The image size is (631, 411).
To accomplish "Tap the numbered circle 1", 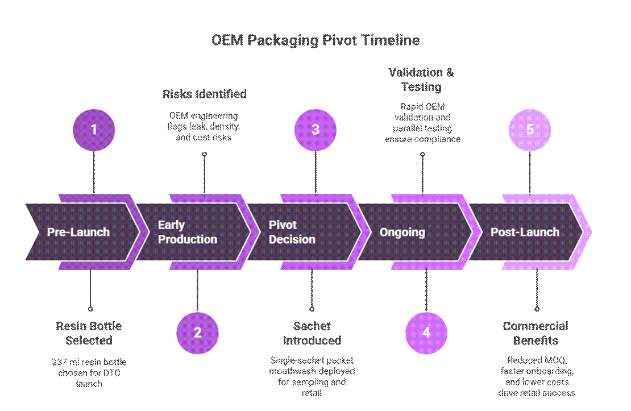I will coord(94,130).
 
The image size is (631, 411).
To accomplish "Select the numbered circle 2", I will coord(197,333).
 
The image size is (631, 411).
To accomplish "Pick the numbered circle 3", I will coord(315,130).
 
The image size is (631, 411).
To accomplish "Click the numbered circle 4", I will coord(426,333).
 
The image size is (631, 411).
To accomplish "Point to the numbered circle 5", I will coord(530,130).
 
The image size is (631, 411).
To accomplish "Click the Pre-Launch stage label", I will coord(78,232).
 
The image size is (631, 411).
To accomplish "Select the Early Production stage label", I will coord(187,232).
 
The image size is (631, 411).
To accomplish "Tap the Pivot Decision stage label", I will coord(292,232).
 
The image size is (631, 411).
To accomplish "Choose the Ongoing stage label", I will coord(402,232).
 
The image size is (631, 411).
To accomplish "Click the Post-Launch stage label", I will coord(525,232).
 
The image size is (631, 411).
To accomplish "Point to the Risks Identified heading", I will coord(205,94).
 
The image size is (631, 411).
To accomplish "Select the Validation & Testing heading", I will coord(421,80).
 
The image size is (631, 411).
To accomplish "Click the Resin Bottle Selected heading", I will coord(89,333).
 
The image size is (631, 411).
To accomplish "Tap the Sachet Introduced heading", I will coord(312,333).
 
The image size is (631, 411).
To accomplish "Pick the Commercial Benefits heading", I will coord(535,333).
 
